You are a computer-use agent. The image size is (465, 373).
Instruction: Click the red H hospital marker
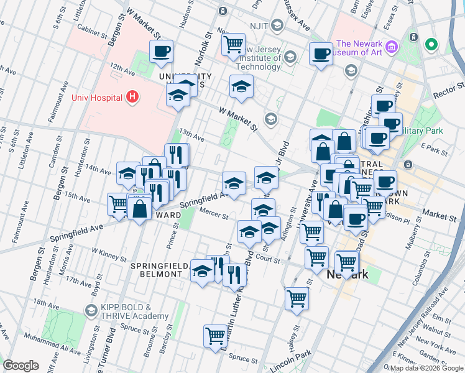132,96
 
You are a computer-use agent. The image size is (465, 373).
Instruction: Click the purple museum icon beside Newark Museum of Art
391,47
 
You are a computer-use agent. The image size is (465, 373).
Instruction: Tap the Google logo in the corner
21,366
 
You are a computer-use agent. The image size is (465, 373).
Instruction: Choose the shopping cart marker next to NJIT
233,44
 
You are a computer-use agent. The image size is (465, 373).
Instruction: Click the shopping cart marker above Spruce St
215,335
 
